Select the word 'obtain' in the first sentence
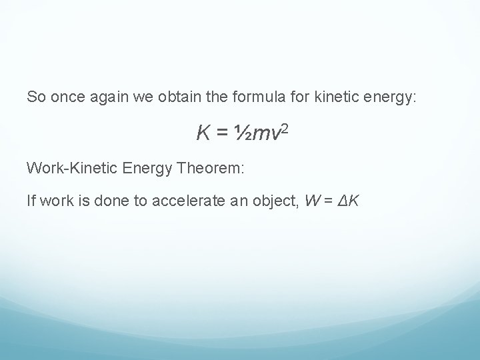pyautogui.click(x=188, y=97)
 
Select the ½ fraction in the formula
pyautogui.click(x=240, y=134)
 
